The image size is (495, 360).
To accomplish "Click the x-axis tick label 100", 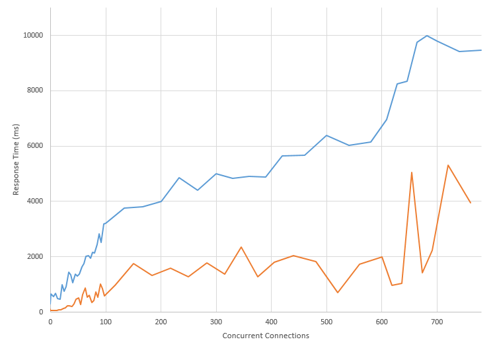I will coord(106,322).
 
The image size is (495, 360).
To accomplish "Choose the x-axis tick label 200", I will coord(161,322).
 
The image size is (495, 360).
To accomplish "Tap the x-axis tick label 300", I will coord(216,322).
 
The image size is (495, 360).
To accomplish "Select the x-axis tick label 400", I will coord(271,322).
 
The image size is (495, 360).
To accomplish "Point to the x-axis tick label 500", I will coord(326,322).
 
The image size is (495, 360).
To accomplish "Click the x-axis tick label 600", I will coord(382,322).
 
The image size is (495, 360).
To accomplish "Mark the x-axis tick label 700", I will coord(437,322).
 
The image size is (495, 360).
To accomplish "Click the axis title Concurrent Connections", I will coord(266,336).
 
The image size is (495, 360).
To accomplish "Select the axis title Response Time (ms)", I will coord(17,160).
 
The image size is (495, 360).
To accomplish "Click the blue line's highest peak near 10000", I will coord(427,36).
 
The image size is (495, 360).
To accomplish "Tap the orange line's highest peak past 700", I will coord(448,165).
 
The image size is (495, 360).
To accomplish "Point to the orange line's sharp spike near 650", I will coord(412,172).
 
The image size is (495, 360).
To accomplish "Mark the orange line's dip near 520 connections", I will coord(338,293).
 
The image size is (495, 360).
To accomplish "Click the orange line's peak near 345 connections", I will coord(241,247).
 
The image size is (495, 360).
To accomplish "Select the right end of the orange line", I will coord(470,203).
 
